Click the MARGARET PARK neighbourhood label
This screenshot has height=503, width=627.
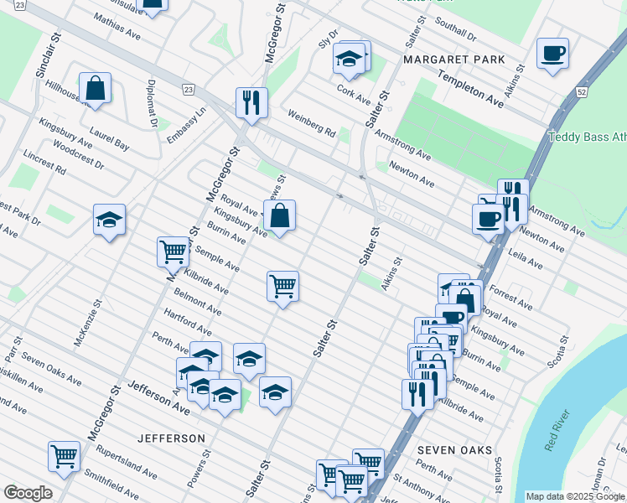(x=454, y=60)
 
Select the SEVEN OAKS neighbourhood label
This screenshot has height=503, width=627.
(x=455, y=450)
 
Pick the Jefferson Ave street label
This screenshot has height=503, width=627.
(x=158, y=397)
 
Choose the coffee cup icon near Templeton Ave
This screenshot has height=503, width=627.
(x=552, y=54)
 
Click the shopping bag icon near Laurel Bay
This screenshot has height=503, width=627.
(x=96, y=87)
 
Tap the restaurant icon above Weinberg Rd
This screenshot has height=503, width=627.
(x=251, y=102)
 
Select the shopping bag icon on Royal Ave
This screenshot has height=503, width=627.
(x=282, y=215)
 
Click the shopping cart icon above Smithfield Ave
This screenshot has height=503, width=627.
(x=64, y=456)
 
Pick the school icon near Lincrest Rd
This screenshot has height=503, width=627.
(x=109, y=220)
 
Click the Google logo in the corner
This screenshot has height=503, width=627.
(x=27, y=493)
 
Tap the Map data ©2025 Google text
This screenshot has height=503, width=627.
(x=575, y=496)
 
